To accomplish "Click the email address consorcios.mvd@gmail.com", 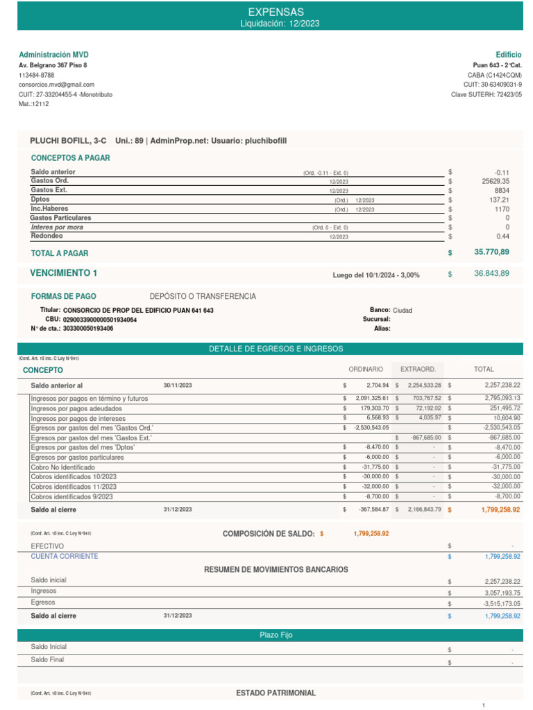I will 56,85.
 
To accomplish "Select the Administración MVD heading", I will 53,55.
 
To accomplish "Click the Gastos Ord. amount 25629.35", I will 496,181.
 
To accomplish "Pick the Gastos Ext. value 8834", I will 502,190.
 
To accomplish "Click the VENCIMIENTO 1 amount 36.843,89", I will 491,274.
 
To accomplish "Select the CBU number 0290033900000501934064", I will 100,320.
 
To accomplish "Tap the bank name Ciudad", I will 403,310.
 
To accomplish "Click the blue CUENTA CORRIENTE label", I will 65,556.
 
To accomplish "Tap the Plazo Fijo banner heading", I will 266,635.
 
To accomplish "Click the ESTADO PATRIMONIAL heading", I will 276,693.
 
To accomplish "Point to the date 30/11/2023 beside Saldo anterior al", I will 178,385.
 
